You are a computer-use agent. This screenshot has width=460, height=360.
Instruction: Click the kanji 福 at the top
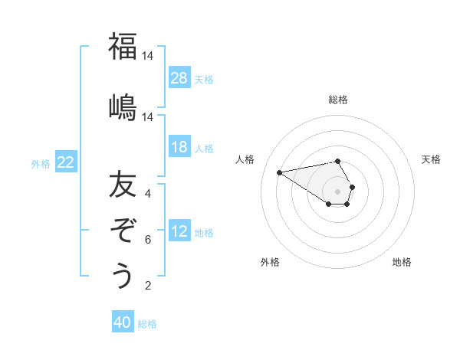coord(123,47)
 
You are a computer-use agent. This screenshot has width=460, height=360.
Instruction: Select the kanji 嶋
coord(123,106)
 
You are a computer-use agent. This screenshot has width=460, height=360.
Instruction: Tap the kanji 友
coord(123,185)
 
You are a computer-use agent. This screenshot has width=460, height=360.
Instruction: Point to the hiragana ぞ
coord(123,229)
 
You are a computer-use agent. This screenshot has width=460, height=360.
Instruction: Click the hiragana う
coord(123,275)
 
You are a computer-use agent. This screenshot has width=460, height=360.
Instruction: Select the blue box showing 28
coord(179,78)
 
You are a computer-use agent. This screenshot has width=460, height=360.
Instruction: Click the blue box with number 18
coord(179,147)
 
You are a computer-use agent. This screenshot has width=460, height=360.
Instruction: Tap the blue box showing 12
coord(179,231)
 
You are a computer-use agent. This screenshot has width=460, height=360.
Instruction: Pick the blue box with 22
coord(66,162)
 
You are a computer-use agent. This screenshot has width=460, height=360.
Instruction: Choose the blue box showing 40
coord(123,322)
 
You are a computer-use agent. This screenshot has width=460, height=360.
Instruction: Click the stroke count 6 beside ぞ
coord(147,240)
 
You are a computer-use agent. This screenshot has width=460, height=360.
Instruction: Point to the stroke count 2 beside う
coord(147,286)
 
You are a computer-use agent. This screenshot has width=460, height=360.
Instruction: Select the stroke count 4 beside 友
coord(147,194)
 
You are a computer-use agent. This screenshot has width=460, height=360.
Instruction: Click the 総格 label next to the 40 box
coord(147,324)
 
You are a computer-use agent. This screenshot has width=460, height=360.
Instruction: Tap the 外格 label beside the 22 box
coord(41,163)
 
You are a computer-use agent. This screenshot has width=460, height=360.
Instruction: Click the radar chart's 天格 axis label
coord(432,159)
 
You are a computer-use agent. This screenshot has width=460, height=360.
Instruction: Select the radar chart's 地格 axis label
coord(402,262)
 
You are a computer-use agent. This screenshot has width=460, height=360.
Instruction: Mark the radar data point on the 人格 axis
coord(279,172)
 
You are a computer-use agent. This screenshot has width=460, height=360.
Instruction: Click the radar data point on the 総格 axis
coord(338,161)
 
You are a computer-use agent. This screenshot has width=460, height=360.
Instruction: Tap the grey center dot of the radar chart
coord(338,191)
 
